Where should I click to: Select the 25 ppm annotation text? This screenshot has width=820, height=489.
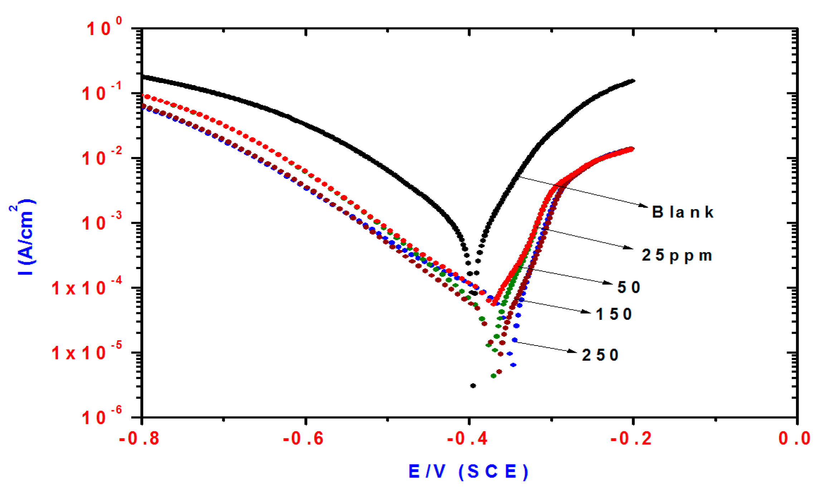[677, 255]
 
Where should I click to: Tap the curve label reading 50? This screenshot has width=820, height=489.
[629, 287]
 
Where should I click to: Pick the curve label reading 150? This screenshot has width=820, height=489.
[614, 314]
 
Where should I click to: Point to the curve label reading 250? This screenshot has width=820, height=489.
[600, 355]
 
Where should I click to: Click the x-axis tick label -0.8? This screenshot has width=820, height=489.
[139, 439]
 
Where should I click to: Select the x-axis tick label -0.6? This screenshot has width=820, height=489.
[303, 439]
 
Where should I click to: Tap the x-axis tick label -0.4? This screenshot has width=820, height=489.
[467, 439]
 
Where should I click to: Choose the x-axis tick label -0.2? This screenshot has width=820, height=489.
[631, 439]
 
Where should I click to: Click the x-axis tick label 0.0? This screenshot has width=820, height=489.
[794, 439]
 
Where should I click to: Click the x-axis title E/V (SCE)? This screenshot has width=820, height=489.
[468, 471]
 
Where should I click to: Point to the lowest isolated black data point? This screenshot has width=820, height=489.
[473, 386]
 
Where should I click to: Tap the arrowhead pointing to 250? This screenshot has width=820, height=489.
[573, 352]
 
